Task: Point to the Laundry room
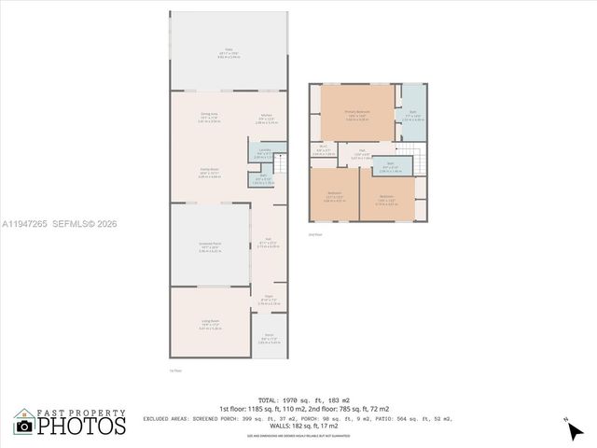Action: coord(265,151)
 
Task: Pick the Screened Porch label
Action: coord(209,245)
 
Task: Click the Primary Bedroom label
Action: coord(357,113)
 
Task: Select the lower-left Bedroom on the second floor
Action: coord(334,195)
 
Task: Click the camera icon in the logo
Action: coord(24,426)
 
